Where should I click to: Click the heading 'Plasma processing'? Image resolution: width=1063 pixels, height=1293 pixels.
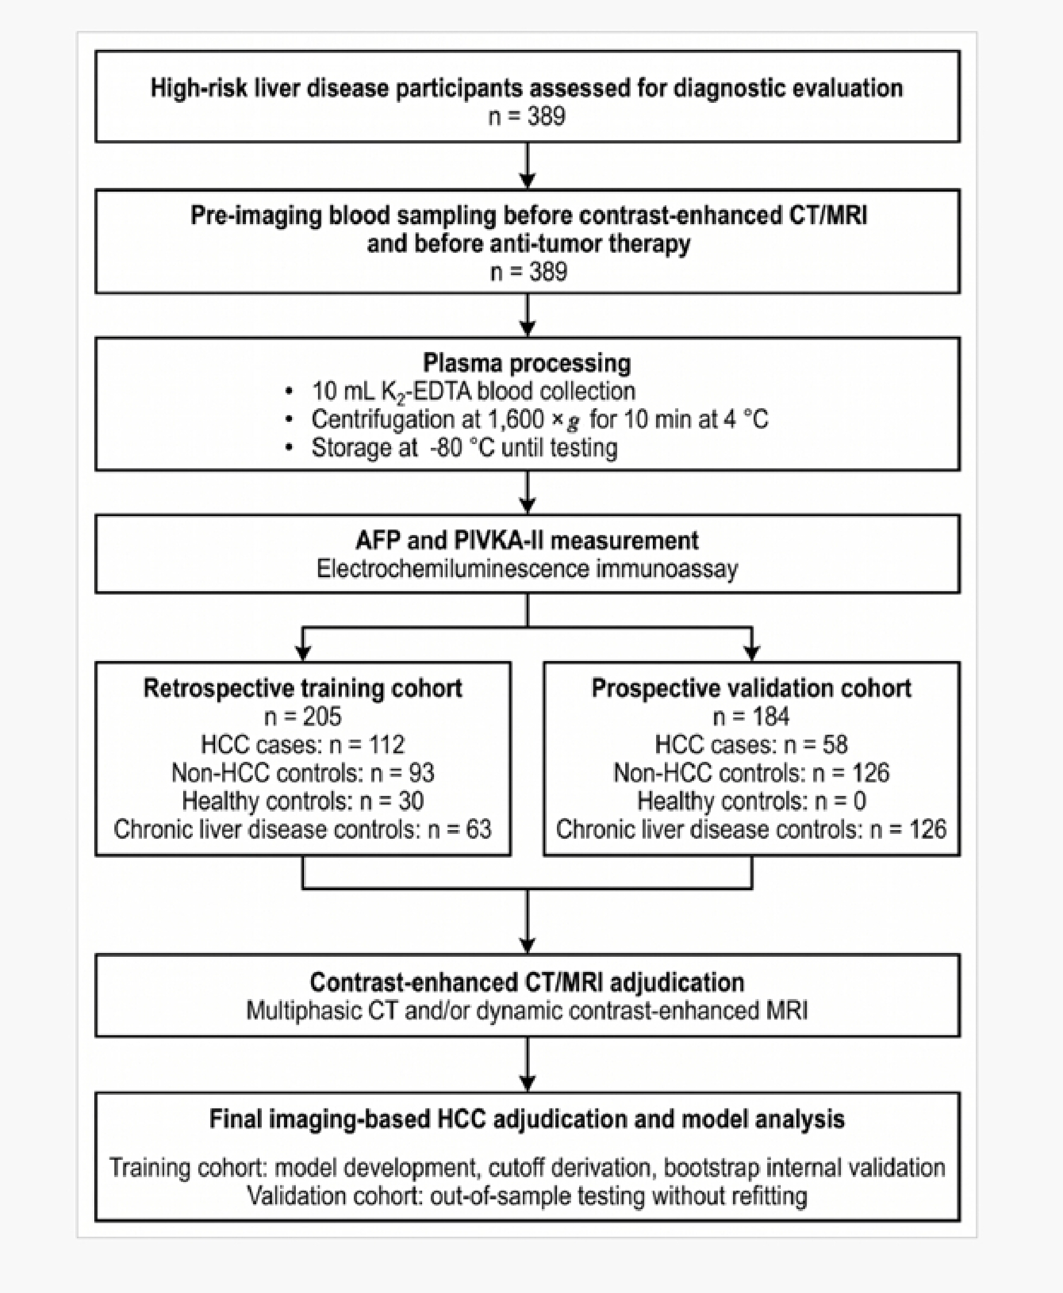tap(527, 363)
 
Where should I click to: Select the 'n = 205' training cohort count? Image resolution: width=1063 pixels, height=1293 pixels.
tap(302, 716)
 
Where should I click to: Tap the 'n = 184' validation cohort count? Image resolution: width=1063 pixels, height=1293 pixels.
tap(751, 716)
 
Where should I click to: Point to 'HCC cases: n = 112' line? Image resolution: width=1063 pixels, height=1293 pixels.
tap(302, 745)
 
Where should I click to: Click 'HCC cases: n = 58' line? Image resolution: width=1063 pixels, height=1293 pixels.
tap(751, 745)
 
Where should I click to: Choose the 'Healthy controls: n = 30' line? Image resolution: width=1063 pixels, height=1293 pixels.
tap(302, 801)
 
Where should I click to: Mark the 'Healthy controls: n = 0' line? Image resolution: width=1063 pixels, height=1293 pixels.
tap(751, 801)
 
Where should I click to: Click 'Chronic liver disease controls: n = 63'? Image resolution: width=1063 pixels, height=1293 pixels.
tap(302, 830)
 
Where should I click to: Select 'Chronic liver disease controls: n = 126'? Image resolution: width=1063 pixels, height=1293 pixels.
tap(751, 830)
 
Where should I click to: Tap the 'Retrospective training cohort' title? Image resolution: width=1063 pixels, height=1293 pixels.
tap(302, 688)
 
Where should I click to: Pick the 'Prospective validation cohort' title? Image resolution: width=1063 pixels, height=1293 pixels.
tap(751, 688)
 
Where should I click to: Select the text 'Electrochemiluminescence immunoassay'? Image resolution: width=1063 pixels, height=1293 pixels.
tap(527, 569)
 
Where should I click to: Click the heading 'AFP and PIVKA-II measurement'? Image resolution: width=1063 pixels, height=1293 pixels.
tap(527, 540)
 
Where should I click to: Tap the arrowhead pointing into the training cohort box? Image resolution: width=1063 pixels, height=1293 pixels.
tap(302, 653)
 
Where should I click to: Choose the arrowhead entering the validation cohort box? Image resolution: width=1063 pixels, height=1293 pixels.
tap(751, 653)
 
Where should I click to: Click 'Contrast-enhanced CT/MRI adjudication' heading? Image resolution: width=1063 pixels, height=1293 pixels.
tap(527, 982)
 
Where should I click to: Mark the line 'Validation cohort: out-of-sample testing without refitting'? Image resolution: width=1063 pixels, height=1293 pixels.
tap(527, 1196)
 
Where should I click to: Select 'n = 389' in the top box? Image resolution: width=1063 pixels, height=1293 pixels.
tap(527, 116)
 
